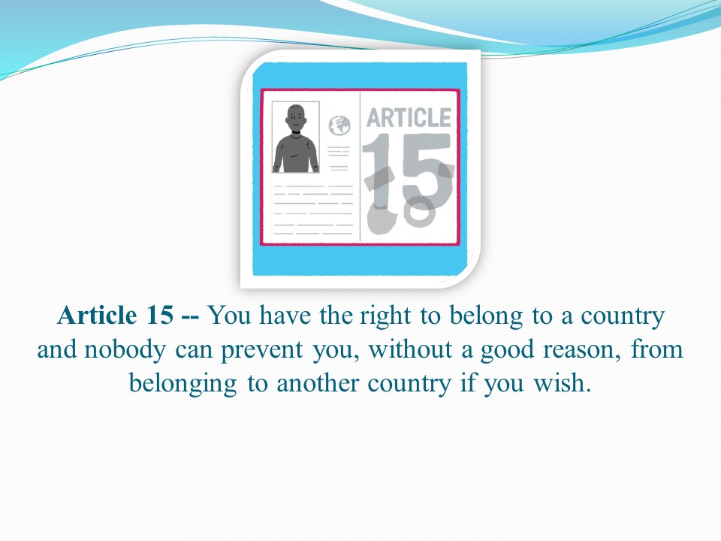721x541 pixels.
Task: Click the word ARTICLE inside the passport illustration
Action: (409, 117)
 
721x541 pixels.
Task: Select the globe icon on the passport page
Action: (339, 125)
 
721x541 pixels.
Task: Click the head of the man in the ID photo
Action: (296, 118)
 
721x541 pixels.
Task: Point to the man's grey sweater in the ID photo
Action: (296, 153)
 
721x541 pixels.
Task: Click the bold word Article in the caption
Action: (97, 315)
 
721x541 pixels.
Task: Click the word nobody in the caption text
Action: (124, 349)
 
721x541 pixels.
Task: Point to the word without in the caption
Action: (410, 349)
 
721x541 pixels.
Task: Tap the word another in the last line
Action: (317, 384)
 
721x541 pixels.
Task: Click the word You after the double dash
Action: (228, 316)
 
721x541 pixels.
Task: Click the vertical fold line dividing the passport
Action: (360, 167)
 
